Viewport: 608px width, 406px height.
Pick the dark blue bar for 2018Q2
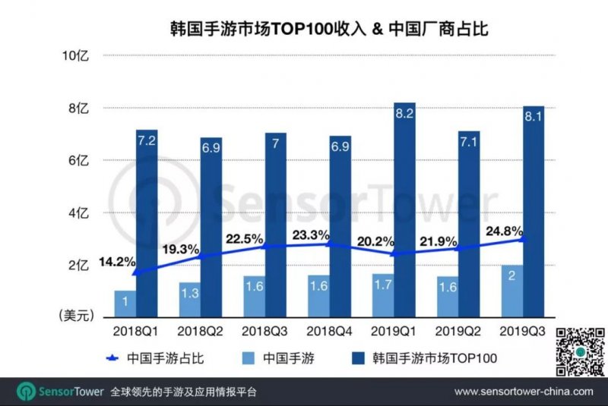[211, 228]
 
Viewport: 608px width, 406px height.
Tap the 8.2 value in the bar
[404, 114]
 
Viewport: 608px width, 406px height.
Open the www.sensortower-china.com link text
[524, 392]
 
